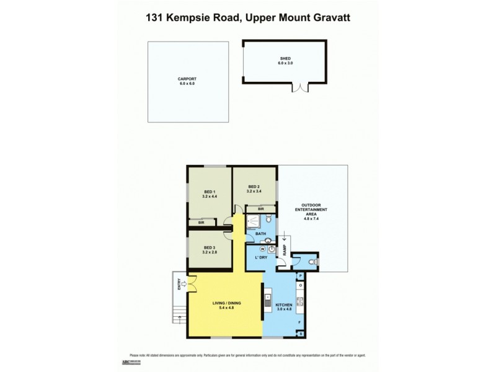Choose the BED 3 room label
pyautogui.click(x=209, y=250)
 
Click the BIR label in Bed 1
pyautogui.click(x=201, y=222)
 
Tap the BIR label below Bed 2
pyautogui.click(x=261, y=210)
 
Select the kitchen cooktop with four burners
pyautogui.click(x=301, y=302)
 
